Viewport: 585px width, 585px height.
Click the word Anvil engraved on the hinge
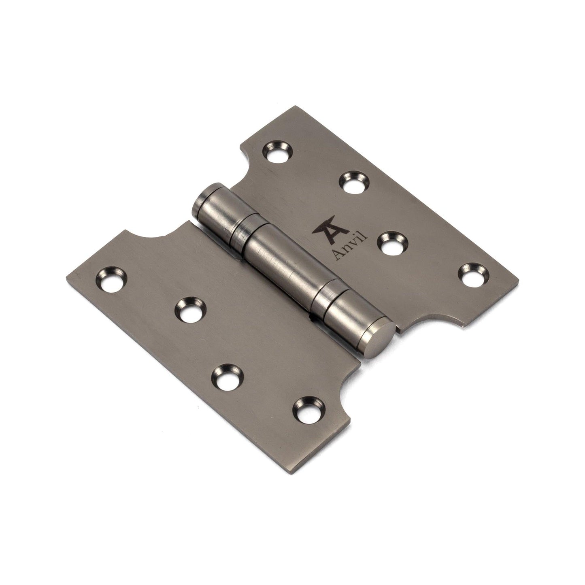pos(349,247)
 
